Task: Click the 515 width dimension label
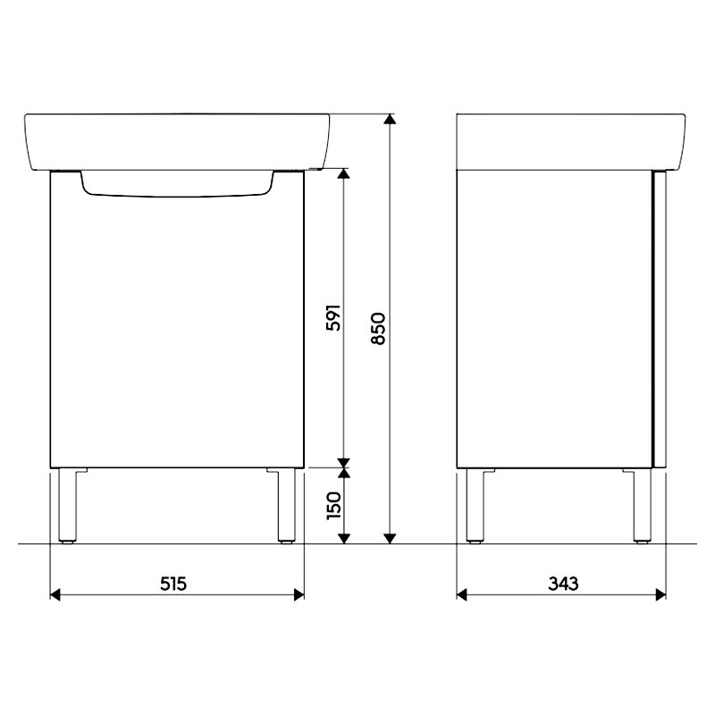[173, 584]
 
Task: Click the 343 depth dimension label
[563, 584]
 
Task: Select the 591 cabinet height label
[333, 317]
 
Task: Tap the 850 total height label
[378, 328]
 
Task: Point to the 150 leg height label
[333, 505]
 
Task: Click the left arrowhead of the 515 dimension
[55, 594]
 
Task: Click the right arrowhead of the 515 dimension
[299, 594]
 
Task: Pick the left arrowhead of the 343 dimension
[462, 594]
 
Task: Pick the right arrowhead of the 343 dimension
[660, 594]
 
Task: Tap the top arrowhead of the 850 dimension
[390, 119]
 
